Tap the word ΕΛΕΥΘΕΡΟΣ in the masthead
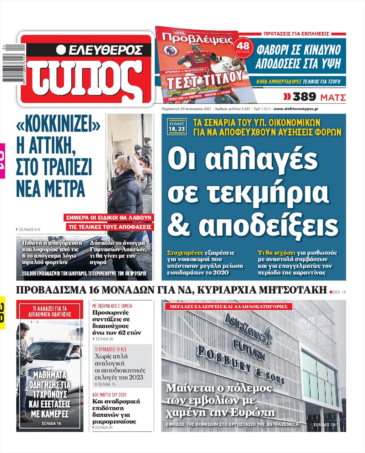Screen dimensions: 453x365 click(105, 50)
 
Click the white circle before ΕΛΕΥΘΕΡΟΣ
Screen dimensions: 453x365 click(61, 50)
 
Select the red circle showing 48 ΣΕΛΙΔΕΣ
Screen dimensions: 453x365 click(243, 47)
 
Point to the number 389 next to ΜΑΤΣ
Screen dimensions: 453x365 click(304, 97)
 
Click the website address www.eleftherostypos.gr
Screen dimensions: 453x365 click(296, 109)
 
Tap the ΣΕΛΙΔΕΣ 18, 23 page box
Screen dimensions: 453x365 click(177, 127)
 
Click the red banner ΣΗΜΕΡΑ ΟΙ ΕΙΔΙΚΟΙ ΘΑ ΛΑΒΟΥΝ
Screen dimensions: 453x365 click(108, 217)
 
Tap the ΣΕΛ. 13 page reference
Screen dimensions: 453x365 click(339, 292)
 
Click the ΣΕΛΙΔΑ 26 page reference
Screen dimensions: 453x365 click(104, 339)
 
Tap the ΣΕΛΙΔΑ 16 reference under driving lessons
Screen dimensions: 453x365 click(51, 423)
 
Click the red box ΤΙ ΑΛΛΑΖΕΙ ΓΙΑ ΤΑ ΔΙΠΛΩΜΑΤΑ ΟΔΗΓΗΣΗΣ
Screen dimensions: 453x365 click(50, 311)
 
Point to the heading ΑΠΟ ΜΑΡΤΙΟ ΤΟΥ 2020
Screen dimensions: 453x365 click(109, 395)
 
